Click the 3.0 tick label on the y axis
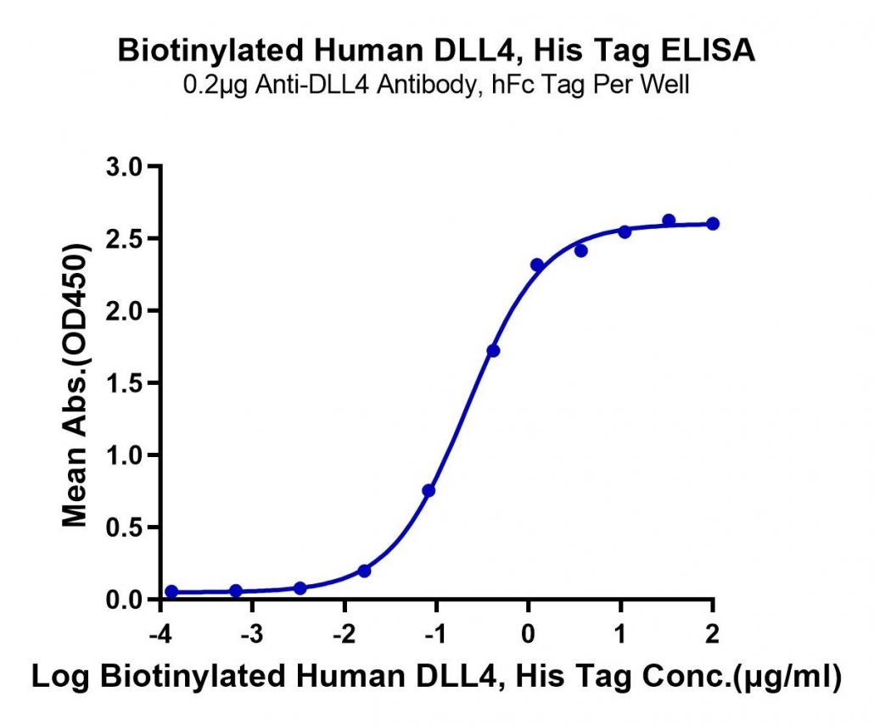click(x=124, y=166)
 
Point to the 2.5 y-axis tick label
click(x=124, y=239)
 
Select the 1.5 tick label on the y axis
click(x=124, y=383)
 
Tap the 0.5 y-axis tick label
click(x=124, y=527)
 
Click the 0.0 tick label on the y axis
click(x=124, y=600)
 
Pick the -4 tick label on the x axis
click(x=160, y=634)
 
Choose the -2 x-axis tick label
click(x=345, y=634)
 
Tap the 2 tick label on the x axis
click(x=713, y=634)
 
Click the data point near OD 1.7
click(x=493, y=351)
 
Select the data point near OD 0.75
click(x=429, y=491)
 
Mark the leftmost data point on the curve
click(x=171, y=591)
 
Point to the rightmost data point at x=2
click(x=713, y=224)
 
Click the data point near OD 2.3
click(x=537, y=265)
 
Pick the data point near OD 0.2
click(x=365, y=571)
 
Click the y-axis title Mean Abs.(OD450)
click(x=76, y=384)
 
